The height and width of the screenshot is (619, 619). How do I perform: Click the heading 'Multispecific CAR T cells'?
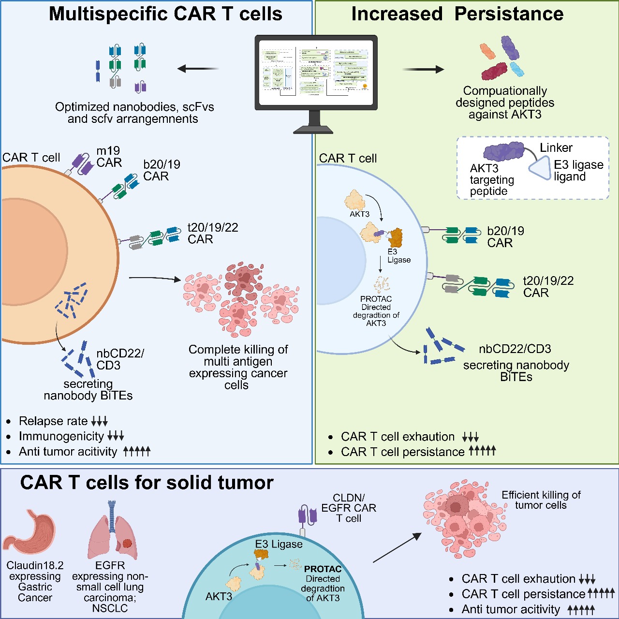click(x=165, y=14)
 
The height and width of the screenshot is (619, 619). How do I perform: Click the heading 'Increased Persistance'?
click(x=457, y=14)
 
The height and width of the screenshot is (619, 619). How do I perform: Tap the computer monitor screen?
click(x=316, y=71)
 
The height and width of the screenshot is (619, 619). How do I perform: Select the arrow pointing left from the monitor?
click(x=198, y=69)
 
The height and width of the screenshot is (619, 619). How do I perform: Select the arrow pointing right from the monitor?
click(x=423, y=70)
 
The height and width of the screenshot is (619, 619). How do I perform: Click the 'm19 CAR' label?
click(x=109, y=157)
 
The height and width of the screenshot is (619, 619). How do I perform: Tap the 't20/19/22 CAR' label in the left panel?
click(x=212, y=234)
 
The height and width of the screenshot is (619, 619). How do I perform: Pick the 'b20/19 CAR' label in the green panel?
click(x=505, y=237)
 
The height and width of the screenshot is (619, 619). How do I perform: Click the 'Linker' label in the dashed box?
click(x=556, y=148)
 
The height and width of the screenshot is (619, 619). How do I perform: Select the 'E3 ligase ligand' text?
click(x=578, y=171)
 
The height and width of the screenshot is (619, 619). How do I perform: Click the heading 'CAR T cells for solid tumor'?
click(x=147, y=483)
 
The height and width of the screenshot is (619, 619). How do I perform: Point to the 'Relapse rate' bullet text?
click(x=53, y=421)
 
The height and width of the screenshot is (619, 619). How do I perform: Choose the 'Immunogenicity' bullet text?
click(x=61, y=437)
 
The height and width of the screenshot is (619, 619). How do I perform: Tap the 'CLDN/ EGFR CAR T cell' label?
click(x=349, y=508)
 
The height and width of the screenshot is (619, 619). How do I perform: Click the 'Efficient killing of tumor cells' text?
click(x=541, y=500)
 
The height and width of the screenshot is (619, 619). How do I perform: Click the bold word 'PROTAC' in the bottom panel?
click(x=323, y=569)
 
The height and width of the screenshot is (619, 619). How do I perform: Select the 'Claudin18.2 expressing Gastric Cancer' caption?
click(x=35, y=581)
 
